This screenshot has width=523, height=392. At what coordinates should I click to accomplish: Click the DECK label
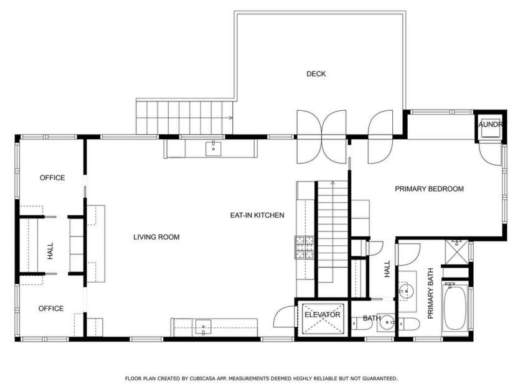click(x=316, y=74)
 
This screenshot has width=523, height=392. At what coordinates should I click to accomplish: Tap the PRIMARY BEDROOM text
click(x=429, y=189)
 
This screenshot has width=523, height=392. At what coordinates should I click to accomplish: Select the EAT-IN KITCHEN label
click(x=257, y=215)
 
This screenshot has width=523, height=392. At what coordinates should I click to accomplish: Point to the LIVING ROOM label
click(x=156, y=237)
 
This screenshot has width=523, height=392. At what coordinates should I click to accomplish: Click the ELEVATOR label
click(x=322, y=315)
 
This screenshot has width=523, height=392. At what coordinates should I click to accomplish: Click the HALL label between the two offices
click(x=50, y=251)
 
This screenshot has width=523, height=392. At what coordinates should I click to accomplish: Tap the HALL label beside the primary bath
click(x=387, y=269)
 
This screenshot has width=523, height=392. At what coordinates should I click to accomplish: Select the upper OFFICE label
click(x=52, y=178)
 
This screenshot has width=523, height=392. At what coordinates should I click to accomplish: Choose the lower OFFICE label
click(x=51, y=309)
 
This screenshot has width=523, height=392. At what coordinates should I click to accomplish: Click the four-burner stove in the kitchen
click(x=304, y=248)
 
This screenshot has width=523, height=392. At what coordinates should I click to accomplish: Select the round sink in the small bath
click(x=387, y=323)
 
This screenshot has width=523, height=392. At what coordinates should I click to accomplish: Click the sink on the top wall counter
click(x=214, y=148)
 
